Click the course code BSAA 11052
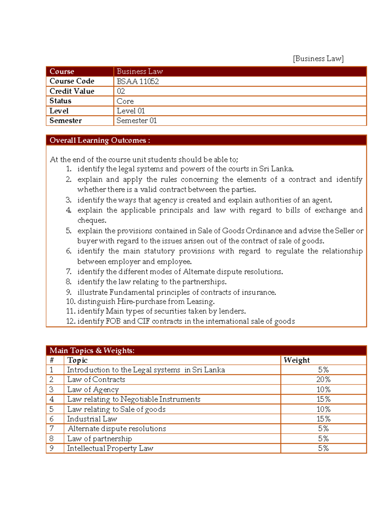click(138, 81)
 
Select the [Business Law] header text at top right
click(318, 59)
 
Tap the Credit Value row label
click(72, 91)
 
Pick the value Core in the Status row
click(125, 101)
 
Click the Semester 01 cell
click(136, 121)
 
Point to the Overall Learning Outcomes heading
click(99, 140)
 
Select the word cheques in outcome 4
click(91, 220)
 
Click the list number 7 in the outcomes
click(68, 272)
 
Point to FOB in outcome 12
click(113, 321)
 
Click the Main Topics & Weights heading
click(92, 351)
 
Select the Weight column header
click(296, 360)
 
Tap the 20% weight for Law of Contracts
click(323, 379)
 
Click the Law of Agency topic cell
click(93, 390)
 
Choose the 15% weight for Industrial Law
click(323, 419)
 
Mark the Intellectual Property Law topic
click(110, 448)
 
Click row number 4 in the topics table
click(52, 399)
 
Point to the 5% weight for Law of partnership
click(323, 439)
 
